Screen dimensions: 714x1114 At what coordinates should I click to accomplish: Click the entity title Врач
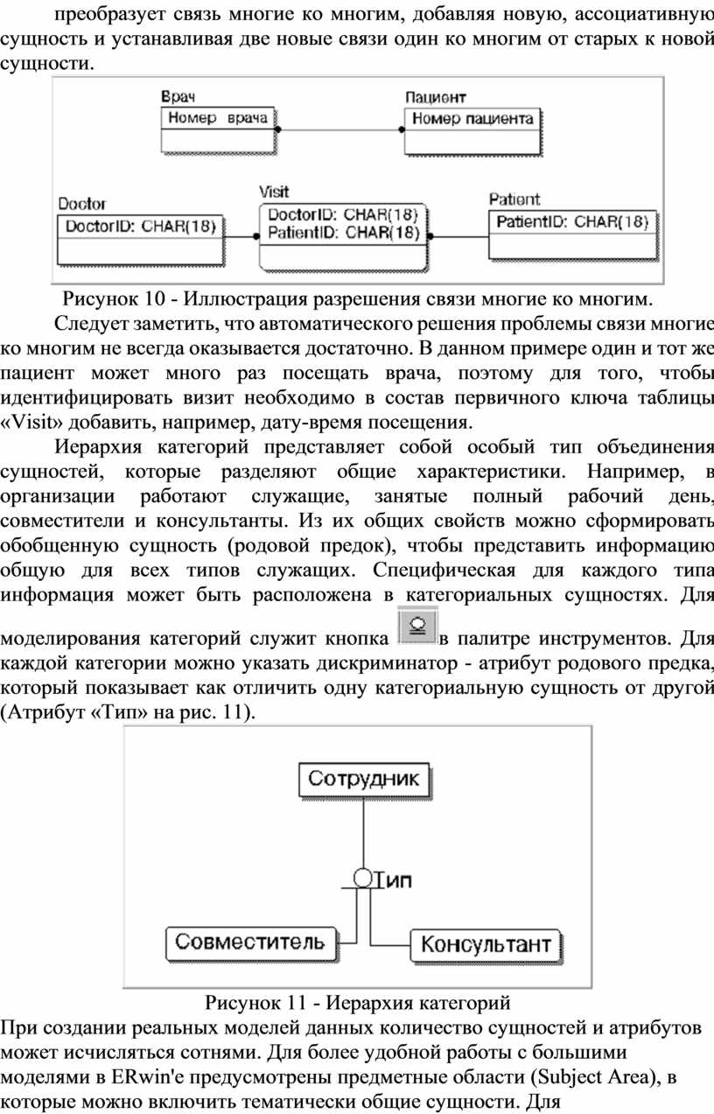click(178, 96)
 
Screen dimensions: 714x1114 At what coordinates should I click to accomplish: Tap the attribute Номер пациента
click(472, 118)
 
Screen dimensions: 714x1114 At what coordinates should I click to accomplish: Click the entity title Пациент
click(436, 97)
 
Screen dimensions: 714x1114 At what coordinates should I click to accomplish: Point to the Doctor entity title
click(82, 203)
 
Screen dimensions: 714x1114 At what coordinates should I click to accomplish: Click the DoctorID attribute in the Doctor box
click(141, 227)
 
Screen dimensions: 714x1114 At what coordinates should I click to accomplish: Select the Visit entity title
click(274, 192)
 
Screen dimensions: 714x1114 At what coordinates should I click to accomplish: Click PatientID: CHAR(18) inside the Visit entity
click(344, 232)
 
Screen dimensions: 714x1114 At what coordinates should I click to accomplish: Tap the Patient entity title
click(514, 200)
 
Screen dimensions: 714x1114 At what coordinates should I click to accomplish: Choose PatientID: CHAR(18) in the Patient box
click(572, 221)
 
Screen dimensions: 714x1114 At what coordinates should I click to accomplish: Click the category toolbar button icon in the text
click(418, 626)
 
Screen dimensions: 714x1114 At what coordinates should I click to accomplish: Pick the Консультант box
click(486, 944)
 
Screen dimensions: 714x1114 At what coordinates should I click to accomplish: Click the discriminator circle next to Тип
click(363, 879)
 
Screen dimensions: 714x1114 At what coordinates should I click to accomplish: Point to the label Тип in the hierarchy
click(393, 880)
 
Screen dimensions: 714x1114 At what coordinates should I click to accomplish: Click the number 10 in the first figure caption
click(155, 298)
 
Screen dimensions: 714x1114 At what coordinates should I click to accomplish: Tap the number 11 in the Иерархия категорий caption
click(297, 1002)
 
